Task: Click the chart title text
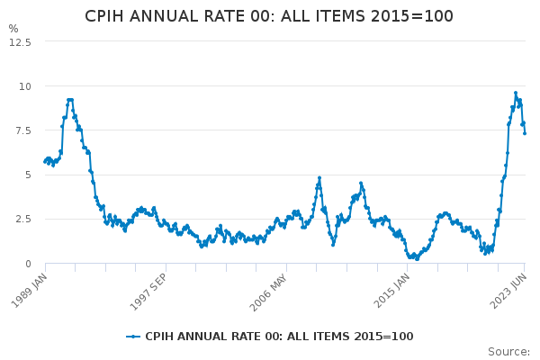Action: (x=269, y=16)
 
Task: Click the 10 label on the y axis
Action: (x=25, y=86)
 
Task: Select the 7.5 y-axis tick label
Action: (x=22, y=130)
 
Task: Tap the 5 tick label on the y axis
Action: (x=28, y=175)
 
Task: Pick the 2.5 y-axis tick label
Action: (x=22, y=219)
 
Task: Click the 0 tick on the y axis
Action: (x=28, y=264)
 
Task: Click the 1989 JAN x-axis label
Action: (x=29, y=289)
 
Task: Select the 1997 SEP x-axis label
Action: (x=148, y=290)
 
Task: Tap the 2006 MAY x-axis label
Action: (x=268, y=290)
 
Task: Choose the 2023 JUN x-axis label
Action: (x=508, y=290)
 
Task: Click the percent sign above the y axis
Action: (x=13, y=29)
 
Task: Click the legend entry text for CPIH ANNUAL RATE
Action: (x=279, y=337)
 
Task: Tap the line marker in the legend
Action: (x=133, y=337)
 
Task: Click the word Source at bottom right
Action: (x=508, y=352)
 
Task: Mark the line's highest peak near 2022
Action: (x=516, y=93)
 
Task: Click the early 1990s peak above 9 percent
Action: (x=69, y=100)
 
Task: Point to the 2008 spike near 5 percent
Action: (x=319, y=178)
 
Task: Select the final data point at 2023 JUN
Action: (x=525, y=133)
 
